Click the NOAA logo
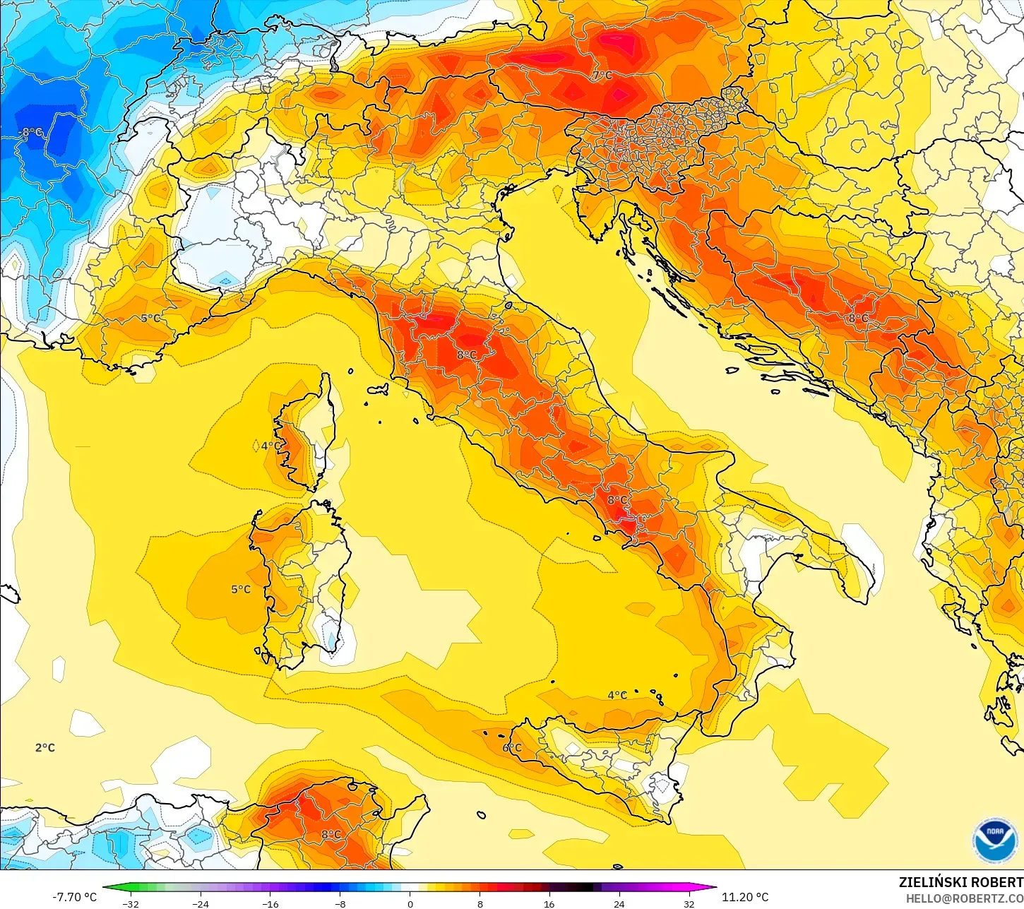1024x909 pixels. [994, 840]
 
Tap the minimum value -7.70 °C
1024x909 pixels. [74, 897]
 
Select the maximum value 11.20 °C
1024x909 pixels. [744, 897]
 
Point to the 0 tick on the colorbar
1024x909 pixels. [410, 903]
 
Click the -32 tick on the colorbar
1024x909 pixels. [131, 903]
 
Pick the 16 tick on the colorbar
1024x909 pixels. [549, 903]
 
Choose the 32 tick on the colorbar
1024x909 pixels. [689, 903]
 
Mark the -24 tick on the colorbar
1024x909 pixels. [201, 903]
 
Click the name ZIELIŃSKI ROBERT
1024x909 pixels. [960, 882]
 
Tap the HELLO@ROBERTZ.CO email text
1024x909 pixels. [965, 898]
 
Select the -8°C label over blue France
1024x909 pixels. [31, 132]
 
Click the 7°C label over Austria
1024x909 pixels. [602, 76]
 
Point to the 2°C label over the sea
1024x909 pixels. [45, 747]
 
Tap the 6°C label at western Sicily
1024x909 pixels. [512, 747]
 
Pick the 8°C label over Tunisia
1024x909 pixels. [331, 834]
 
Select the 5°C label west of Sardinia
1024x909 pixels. [241, 589]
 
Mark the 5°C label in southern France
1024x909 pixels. [150, 318]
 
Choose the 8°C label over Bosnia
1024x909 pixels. [858, 319]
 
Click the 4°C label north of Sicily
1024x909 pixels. [617, 695]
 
